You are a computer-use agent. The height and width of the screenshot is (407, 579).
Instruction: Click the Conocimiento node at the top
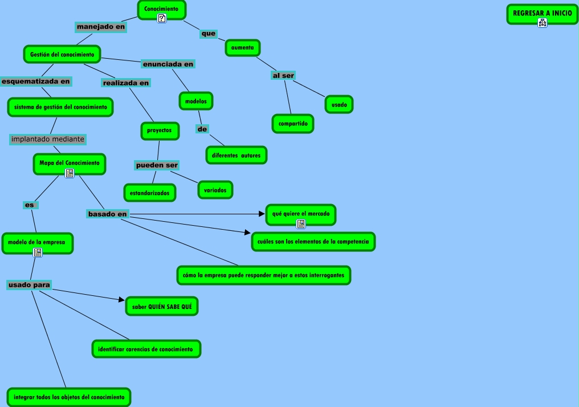coord(162,9)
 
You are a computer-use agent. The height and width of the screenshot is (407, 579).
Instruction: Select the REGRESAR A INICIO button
coord(542,13)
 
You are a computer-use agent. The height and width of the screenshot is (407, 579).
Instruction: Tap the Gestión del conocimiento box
coord(62,54)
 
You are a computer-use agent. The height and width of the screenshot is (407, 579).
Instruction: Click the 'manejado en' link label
coord(101,27)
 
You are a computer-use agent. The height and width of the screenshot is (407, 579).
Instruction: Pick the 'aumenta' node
coord(243,47)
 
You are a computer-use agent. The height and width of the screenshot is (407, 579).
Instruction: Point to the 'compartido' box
coord(293,123)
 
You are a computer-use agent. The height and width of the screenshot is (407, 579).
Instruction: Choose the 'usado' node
coord(339,104)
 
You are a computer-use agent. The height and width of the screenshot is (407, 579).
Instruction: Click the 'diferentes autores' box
coord(236,155)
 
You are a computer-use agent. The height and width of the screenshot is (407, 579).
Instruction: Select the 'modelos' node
coord(196,101)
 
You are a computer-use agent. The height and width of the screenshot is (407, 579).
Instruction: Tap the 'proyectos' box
coord(160,131)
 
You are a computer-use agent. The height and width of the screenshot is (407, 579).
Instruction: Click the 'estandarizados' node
coord(150,193)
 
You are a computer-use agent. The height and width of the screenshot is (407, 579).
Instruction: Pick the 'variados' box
coord(215,190)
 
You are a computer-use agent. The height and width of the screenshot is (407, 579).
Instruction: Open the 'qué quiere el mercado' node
coord(301,214)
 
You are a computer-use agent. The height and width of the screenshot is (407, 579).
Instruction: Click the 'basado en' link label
coord(107,214)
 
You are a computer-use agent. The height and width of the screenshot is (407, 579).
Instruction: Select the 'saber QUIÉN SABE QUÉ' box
coord(162,306)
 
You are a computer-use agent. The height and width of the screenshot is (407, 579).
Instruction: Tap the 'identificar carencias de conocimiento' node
coord(146,348)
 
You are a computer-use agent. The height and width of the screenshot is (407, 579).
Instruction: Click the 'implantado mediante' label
coord(48,139)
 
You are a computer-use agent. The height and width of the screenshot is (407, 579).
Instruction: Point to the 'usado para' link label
coord(29,284)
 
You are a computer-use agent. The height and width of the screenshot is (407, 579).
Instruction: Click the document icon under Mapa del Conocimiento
coord(70,173)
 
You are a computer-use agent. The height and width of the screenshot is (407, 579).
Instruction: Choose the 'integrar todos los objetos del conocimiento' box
coord(69,397)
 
